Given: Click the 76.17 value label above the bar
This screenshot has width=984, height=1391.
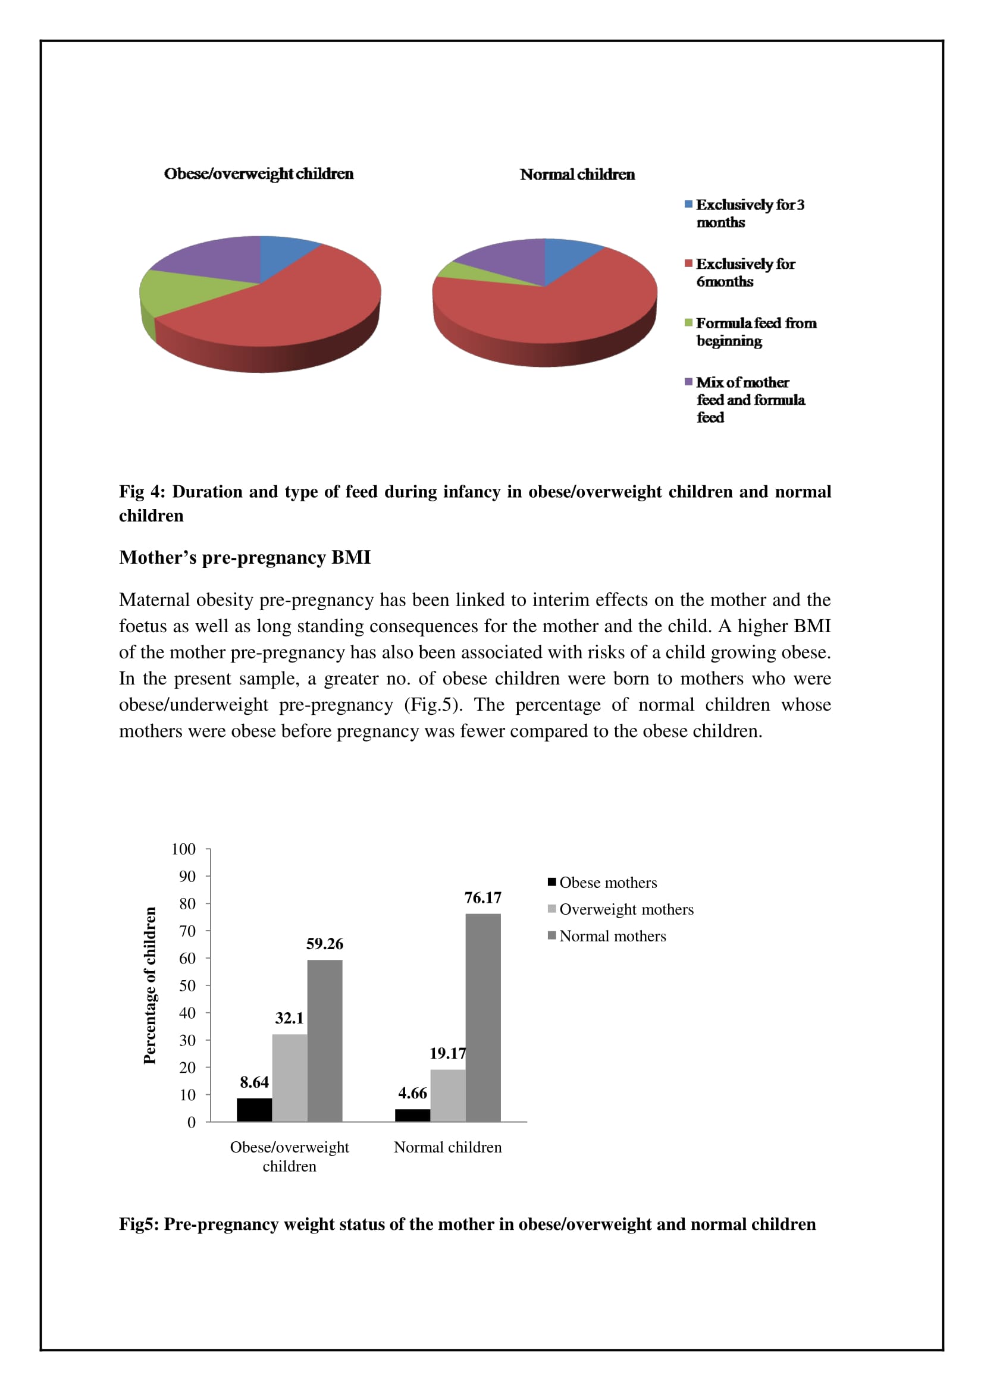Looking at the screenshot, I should pos(482,897).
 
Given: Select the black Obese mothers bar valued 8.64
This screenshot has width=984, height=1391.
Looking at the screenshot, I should pos(254,1109).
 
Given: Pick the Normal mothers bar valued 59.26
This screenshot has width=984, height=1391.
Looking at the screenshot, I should pos(325,1040).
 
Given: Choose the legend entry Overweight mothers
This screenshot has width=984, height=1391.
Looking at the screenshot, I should pos(626,909).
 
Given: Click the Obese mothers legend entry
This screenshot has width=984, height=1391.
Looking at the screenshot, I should pos(608,883).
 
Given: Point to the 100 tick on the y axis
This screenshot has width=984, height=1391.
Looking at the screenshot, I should pos(184,849).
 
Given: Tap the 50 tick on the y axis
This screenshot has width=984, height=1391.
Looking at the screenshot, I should pos(187,985).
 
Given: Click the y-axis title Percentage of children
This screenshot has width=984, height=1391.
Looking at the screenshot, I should pos(150,985).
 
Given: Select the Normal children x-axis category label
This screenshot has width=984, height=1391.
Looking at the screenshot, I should pos(448,1147).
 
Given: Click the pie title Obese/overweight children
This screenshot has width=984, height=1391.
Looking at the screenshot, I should pos(259,174).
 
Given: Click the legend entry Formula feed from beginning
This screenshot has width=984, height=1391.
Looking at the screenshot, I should pos(756,332).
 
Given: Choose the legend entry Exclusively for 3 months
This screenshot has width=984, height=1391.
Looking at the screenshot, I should pos(750,213).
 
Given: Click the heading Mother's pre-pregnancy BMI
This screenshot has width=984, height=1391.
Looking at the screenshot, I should pos(245,557).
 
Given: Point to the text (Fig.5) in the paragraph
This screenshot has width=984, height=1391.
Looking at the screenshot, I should pos(431,705).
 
